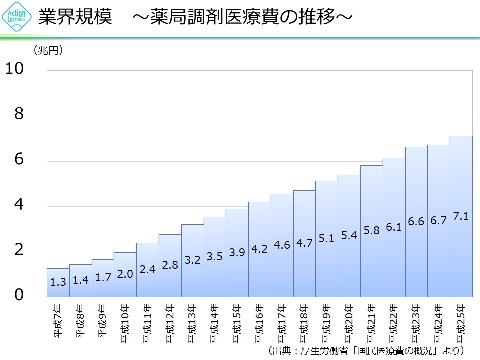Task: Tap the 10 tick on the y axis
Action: click(x=15, y=69)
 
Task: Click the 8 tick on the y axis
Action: click(x=19, y=114)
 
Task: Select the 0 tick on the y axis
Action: click(x=19, y=296)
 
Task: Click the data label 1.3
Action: click(x=58, y=282)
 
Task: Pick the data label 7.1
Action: click(x=461, y=216)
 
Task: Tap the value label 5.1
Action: click(x=326, y=239)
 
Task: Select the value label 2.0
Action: click(x=125, y=273)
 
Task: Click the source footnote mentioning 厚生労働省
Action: click(x=367, y=350)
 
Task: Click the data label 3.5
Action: click(x=214, y=257)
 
